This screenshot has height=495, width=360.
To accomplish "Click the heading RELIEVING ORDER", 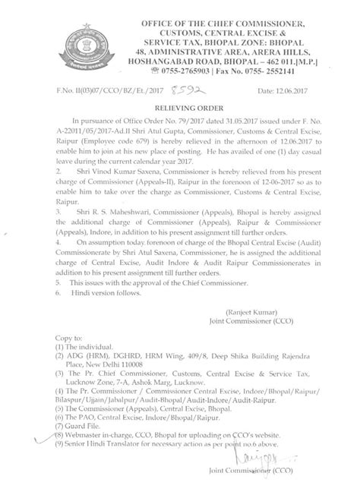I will (x=180, y=109).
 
